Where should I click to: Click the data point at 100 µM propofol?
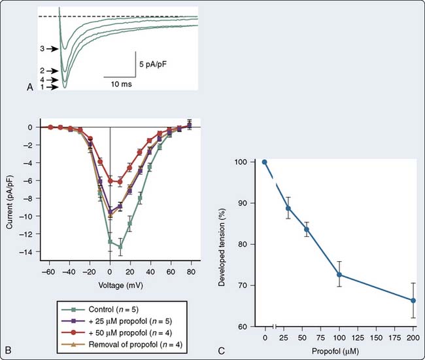[339, 275]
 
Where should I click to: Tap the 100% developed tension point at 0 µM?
[264, 162]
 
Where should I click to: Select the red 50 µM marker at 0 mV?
[110, 181]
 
